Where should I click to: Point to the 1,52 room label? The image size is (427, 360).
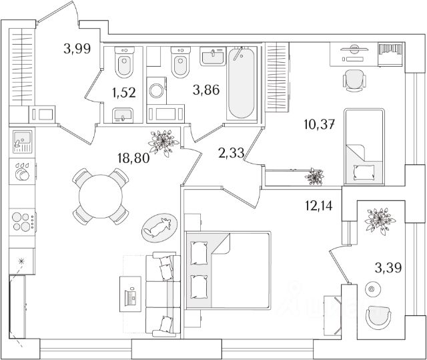point(124,93)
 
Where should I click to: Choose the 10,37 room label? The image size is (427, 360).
point(319,124)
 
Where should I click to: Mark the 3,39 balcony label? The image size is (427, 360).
point(388,268)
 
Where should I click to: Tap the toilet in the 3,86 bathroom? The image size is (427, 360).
point(179,65)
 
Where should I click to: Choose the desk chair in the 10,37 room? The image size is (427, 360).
point(354,81)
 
